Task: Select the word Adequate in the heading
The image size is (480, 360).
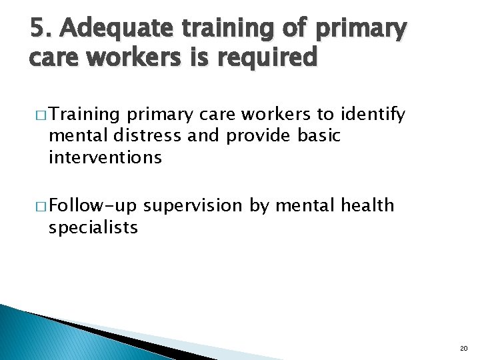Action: [113, 29]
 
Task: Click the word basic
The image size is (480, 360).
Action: [319, 136]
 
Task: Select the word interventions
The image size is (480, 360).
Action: [105, 157]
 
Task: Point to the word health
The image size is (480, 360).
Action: [367, 205]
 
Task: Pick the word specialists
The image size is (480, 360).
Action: [93, 227]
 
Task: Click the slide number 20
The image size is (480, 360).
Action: [464, 349]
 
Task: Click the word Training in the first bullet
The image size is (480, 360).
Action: [85, 115]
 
